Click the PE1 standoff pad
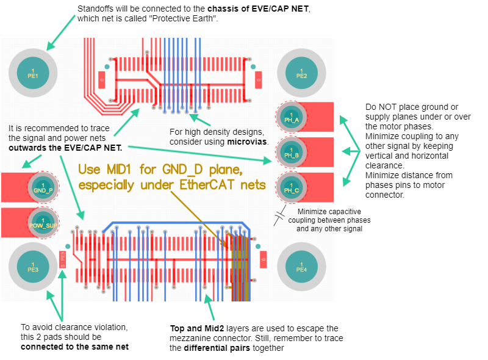[x=33, y=73]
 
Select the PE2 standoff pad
[x=301, y=73]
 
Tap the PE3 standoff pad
[x=33, y=266]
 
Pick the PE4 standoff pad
[x=301, y=266]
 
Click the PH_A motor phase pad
[x=292, y=117]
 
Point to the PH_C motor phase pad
[x=292, y=187]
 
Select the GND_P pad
[x=43, y=187]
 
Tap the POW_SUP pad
[x=43, y=222]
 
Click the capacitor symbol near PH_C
[x=280, y=215]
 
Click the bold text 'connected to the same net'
[x=74, y=347]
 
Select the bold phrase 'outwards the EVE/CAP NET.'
[x=65, y=147]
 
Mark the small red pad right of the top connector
[x=258, y=79]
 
